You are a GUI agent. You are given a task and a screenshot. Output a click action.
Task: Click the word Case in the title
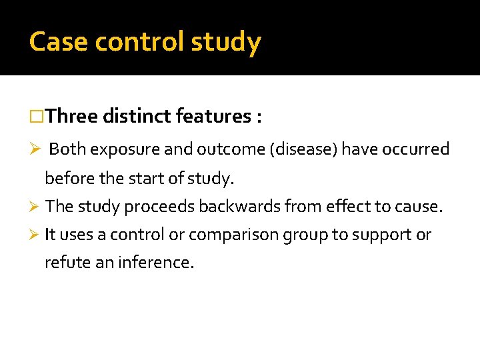[x=59, y=42]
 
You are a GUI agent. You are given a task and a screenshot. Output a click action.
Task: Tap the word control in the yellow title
[x=139, y=42]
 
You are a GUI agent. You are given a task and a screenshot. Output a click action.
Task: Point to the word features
[x=213, y=117]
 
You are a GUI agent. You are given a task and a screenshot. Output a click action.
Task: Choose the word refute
[x=64, y=263]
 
